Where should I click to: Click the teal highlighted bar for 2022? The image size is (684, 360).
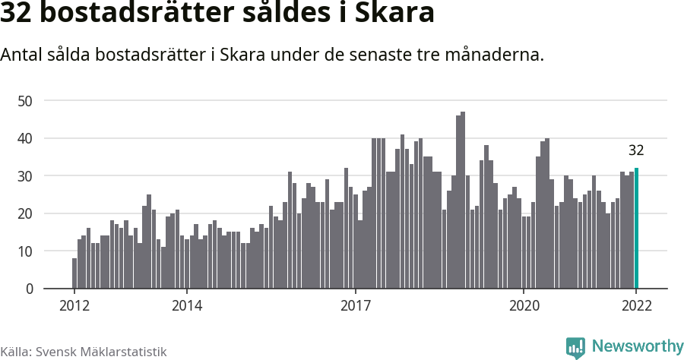pos(636,229)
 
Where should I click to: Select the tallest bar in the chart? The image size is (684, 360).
pos(463,201)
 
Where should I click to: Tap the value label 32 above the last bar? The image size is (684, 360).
pos(636,150)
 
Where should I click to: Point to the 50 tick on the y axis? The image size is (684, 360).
pos(26,100)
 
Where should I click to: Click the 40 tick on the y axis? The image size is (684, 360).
pos(26,138)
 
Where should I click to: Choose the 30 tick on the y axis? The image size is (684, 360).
pos(26,175)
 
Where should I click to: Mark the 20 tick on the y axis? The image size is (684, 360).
pos(26,213)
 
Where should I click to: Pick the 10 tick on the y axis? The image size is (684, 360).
pos(26,251)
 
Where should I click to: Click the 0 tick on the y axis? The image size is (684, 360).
pos(30,289)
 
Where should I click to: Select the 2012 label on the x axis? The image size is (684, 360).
pos(74,306)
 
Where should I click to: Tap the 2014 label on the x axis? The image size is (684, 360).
pos(186,306)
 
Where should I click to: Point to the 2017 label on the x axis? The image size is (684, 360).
pos(355,306)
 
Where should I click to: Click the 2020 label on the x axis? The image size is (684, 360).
pos(524,306)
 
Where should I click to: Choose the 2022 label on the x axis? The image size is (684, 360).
pos(636,306)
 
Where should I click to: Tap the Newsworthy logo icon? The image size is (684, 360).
pos(575,348)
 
